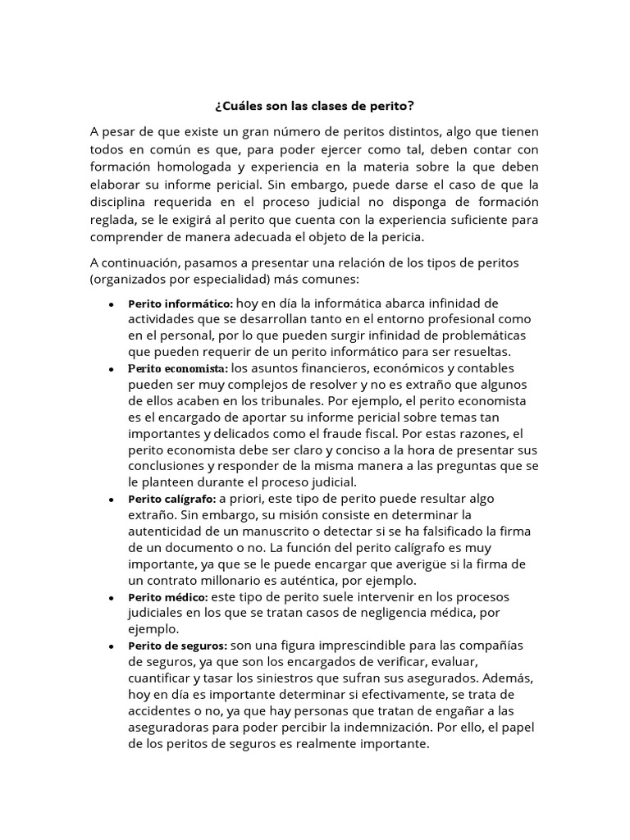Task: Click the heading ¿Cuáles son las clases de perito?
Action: pyautogui.click(x=314, y=106)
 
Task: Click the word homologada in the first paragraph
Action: pyautogui.click(x=189, y=167)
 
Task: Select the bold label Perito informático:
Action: pyautogui.click(x=180, y=304)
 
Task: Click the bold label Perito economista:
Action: pyautogui.click(x=178, y=368)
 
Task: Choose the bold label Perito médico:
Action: pyautogui.click(x=168, y=597)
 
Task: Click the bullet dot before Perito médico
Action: pyautogui.click(x=111, y=598)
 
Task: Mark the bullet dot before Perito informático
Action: pyautogui.click(x=111, y=304)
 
